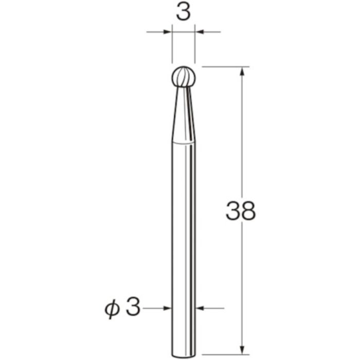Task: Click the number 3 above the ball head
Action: coord(183,13)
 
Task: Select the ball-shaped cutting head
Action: coord(184,77)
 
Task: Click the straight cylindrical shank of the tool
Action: coord(184,231)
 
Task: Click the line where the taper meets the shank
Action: coord(184,141)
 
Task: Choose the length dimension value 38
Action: coord(241,211)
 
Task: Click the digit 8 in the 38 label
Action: coord(248,211)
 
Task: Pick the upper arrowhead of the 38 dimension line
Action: coord(241,70)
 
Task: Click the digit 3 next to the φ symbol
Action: coord(132,308)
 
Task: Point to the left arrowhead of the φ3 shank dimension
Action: coord(168,309)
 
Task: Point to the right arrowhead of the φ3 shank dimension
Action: coord(200,309)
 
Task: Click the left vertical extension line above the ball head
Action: coord(172,49)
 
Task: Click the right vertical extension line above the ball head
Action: coord(195,49)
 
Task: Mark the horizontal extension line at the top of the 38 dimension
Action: coord(226,67)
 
